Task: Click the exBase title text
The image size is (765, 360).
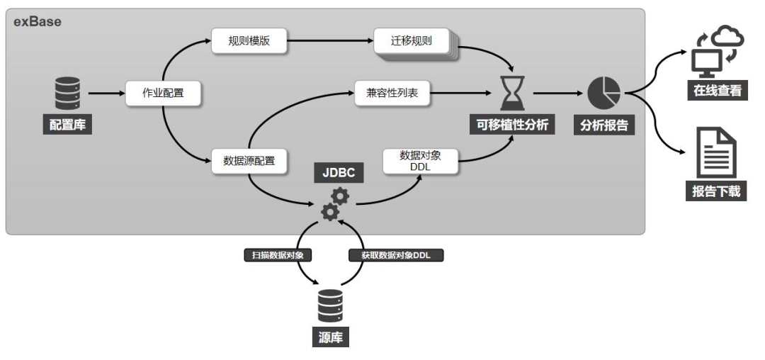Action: [38, 21]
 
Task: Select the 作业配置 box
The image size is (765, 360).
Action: [163, 93]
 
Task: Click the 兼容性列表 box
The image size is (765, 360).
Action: [392, 93]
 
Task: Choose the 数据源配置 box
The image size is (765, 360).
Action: [249, 161]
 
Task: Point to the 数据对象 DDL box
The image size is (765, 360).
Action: [420, 160]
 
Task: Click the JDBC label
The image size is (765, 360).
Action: [339, 171]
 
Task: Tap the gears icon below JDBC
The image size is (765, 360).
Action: [334, 203]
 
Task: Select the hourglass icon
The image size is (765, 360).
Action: [510, 93]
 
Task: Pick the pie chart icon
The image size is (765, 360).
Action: [603, 93]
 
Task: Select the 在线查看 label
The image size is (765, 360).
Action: [718, 91]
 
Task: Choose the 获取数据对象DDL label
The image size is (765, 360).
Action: [395, 254]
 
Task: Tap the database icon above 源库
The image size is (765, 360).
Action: [330, 305]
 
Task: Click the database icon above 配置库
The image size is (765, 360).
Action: [68, 93]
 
